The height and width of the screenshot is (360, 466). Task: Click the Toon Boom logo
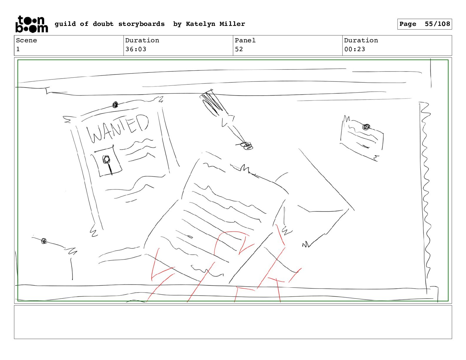coord(32,24)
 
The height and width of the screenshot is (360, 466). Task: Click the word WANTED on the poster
coord(118,128)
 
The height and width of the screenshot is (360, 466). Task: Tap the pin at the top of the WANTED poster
coord(115,105)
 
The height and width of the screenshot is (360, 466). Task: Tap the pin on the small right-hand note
coord(366,127)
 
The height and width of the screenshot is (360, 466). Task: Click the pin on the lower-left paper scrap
coord(44,241)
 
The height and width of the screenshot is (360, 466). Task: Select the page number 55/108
coord(437,24)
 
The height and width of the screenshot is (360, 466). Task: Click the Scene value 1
coord(18,49)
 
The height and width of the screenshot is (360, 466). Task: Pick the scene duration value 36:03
coord(136,49)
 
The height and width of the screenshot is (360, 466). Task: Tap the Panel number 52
coord(239,49)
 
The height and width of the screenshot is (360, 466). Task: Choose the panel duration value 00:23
coord(355,49)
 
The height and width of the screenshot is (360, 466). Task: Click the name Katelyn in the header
coord(201,24)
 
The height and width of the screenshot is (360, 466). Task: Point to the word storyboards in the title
coord(142,24)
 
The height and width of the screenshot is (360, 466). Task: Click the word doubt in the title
coord(103,24)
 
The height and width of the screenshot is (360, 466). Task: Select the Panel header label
coord(245,40)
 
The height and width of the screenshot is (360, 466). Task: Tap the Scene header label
coord(26,40)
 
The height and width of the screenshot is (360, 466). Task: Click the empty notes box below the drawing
coord(233,322)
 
